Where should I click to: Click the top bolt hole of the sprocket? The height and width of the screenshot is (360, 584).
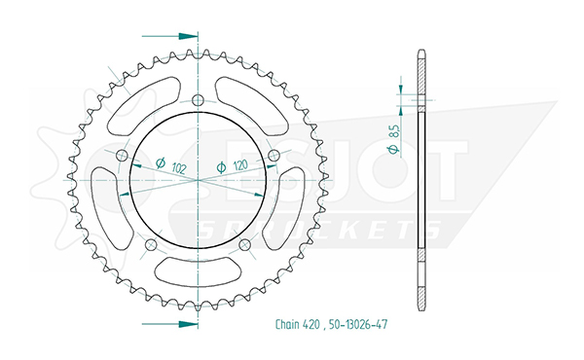[x=199, y=100]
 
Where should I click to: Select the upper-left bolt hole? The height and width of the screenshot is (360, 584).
[x=123, y=155]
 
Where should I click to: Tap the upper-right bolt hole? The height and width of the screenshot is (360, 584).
[x=274, y=155]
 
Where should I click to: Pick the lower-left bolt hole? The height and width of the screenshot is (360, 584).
[x=151, y=244]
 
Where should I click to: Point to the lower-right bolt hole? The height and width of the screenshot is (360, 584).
[x=244, y=244]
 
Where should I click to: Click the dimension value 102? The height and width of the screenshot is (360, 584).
[x=179, y=168]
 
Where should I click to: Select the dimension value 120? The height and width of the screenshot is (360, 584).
[x=240, y=165]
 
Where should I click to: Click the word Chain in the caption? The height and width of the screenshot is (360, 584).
[x=287, y=324]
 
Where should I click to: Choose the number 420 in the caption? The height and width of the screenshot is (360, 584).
[x=311, y=325]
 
